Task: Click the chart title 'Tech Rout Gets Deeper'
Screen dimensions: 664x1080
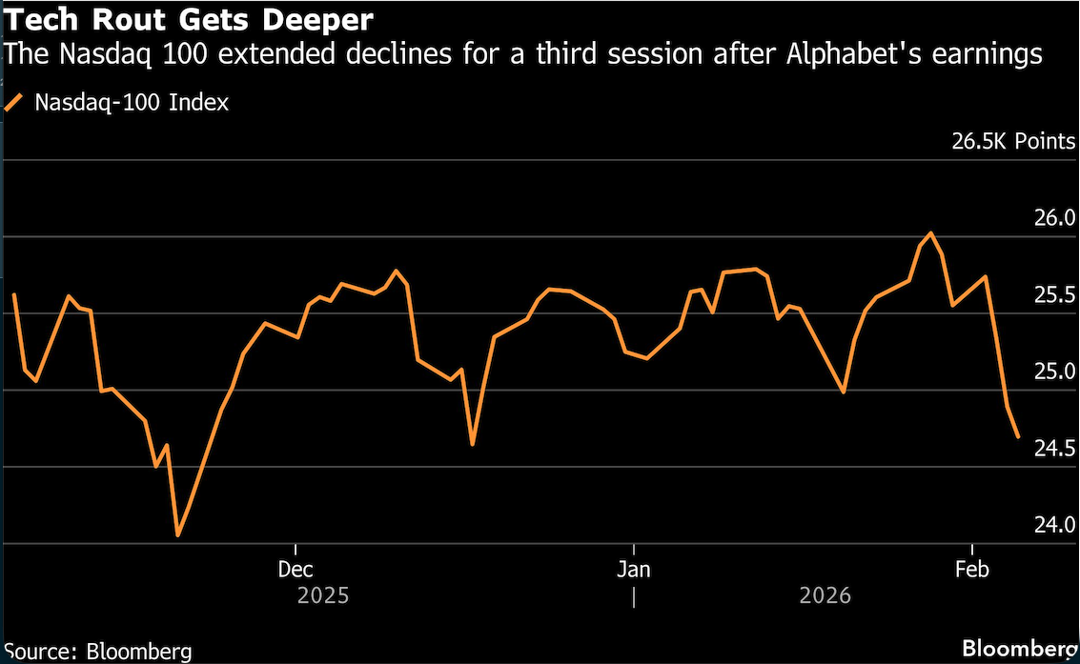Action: (x=188, y=19)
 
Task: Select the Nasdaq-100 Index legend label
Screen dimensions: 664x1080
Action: (x=132, y=103)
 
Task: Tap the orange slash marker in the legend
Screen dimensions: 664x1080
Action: (x=13, y=103)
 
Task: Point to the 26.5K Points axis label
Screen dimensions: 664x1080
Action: (x=1013, y=142)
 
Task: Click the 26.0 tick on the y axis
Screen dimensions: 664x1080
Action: (x=1054, y=219)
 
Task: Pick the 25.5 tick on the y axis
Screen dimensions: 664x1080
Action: (x=1054, y=296)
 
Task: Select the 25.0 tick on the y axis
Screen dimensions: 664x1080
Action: (x=1054, y=372)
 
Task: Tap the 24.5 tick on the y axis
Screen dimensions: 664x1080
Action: (x=1054, y=449)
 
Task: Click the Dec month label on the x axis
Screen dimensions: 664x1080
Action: (x=295, y=570)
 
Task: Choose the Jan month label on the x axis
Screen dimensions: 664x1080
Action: (x=633, y=570)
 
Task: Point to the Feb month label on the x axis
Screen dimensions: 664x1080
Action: (x=971, y=570)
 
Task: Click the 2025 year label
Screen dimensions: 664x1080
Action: (x=323, y=596)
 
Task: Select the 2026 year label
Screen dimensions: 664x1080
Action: (x=825, y=596)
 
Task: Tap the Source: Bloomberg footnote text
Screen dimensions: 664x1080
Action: (x=96, y=652)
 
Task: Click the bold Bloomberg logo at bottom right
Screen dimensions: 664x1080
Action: (x=1019, y=649)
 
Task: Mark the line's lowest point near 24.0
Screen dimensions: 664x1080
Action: (x=178, y=535)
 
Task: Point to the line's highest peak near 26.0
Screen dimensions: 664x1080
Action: (x=930, y=232)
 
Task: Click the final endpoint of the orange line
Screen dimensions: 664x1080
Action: (x=1019, y=437)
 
